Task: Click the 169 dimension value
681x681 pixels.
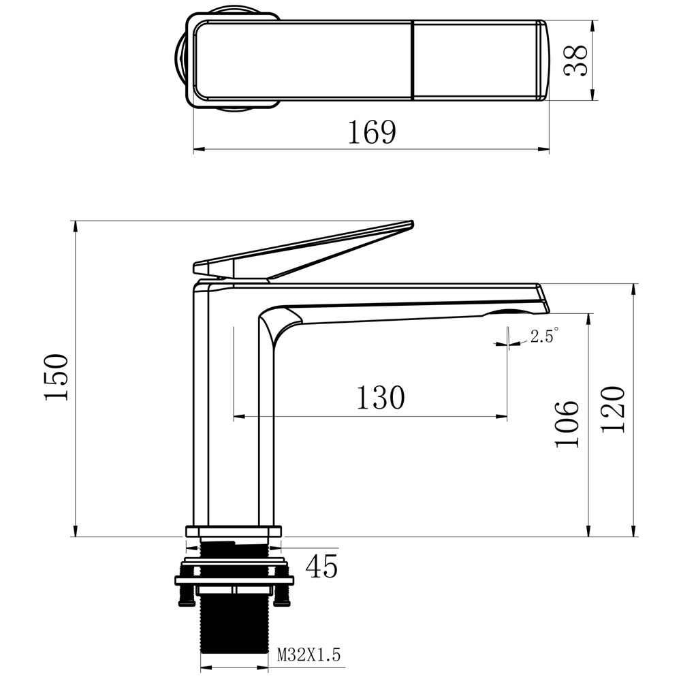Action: tap(373, 132)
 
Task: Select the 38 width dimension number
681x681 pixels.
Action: tap(576, 60)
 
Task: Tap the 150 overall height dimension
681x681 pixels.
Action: tap(57, 377)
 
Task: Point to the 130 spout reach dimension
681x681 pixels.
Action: tap(381, 398)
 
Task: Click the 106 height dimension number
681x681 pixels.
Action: tap(567, 424)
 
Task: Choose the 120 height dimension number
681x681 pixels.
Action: tap(613, 409)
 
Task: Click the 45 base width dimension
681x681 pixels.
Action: tap(321, 567)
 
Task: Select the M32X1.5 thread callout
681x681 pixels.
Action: tap(308, 654)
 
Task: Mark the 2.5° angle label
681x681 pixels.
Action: tap(544, 336)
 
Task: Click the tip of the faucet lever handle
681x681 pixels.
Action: tap(412, 224)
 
